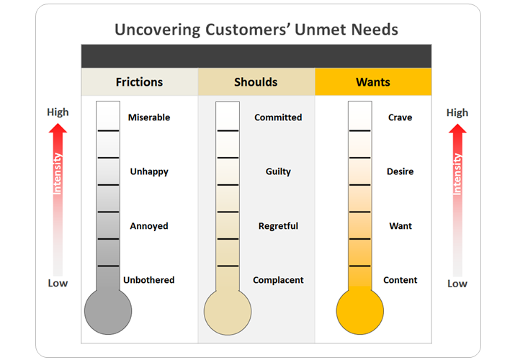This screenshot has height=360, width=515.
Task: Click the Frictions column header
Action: tap(139, 82)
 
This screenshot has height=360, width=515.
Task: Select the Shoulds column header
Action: tap(256, 82)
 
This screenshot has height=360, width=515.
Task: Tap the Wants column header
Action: tap(373, 82)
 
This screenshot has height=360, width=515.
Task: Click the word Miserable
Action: tap(148, 117)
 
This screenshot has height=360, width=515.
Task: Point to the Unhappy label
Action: tap(149, 172)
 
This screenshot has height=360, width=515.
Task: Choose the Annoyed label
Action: tap(149, 226)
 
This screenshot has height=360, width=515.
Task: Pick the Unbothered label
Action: tap(148, 280)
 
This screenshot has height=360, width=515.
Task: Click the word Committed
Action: tap(278, 117)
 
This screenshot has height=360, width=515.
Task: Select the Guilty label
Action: tap(278, 172)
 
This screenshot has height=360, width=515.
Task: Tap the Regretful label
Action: tap(278, 226)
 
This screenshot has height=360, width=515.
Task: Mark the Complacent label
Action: tap(278, 280)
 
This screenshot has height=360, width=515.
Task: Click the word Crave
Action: tap(400, 117)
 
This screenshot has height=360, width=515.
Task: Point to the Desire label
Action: tap(400, 172)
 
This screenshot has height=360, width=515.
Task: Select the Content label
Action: tap(400, 280)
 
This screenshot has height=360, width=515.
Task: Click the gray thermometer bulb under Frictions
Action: tap(108, 312)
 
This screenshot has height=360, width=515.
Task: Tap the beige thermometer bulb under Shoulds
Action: tap(228, 312)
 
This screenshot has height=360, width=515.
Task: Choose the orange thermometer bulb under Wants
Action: tap(359, 312)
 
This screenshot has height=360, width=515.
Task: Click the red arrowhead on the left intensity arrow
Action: tap(58, 129)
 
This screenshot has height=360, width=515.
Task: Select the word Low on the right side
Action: tap(457, 284)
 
